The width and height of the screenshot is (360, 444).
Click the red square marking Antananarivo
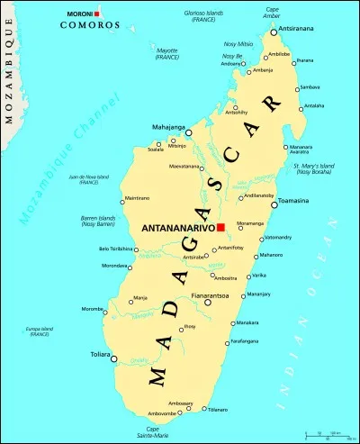(x=220, y=228)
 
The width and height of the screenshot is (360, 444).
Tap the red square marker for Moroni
(x=97, y=14)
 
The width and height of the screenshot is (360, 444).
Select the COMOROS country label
(x=89, y=25)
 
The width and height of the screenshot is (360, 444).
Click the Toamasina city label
(x=293, y=201)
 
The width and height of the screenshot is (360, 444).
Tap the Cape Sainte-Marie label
(x=159, y=432)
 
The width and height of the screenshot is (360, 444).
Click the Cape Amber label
(x=272, y=12)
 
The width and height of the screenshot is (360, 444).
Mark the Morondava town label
(x=114, y=266)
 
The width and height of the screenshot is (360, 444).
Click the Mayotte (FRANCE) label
(x=166, y=54)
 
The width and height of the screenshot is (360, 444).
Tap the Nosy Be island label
(x=232, y=56)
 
